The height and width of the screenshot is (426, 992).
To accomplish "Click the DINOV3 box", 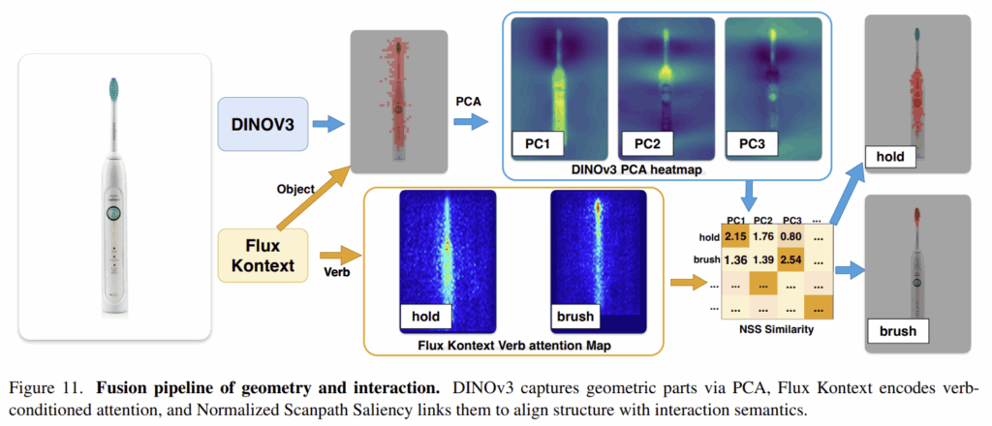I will pos(261,123).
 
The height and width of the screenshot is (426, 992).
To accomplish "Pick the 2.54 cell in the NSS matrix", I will pos(793,259).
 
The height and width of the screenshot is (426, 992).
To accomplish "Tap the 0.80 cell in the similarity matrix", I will pos(793,234).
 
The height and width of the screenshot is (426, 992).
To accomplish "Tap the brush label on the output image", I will pos(896,332).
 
